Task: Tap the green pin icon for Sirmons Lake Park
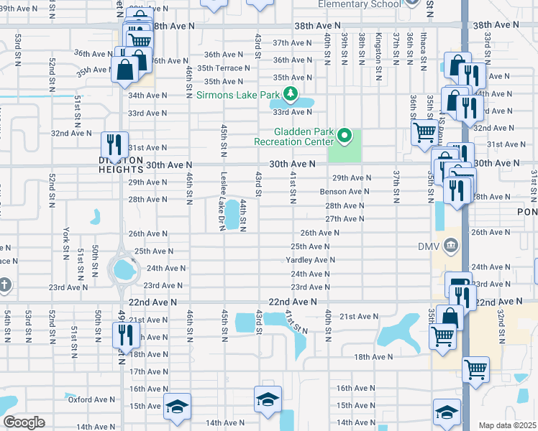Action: pos(290,93)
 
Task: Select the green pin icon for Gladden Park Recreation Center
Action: pos(345,136)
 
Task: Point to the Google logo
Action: pos(24,422)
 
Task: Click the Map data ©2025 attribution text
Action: pos(507,425)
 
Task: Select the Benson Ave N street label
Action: pos(345,192)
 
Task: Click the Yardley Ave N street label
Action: pos(311,260)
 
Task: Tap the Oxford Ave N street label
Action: pos(91,399)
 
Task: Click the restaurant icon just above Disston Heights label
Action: pos(114,143)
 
